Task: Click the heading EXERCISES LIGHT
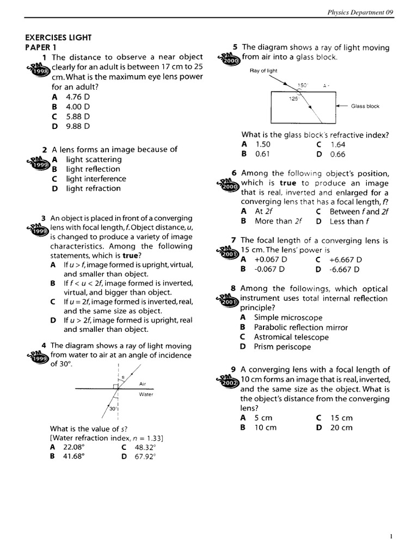point(59,38)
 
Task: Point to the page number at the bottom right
point(391,536)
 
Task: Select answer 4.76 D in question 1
point(78,97)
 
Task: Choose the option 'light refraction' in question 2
point(93,189)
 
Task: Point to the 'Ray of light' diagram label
point(263,71)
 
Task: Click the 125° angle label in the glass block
point(293,99)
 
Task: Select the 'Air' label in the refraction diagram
point(143,383)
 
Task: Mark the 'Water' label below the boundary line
point(146,394)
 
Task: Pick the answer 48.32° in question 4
point(145,447)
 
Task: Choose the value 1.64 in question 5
point(337,145)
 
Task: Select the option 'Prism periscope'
point(282,347)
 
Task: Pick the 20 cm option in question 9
point(341,428)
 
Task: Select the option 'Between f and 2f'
point(359,212)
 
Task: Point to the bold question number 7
point(233,240)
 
